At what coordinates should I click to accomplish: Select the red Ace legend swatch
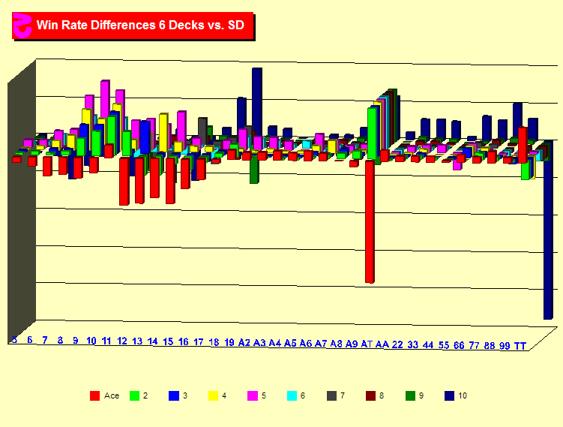coord(94,395)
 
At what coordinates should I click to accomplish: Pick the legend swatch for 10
coord(449,395)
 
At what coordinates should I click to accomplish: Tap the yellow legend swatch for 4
coord(213,395)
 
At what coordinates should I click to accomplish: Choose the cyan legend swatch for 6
coord(292,395)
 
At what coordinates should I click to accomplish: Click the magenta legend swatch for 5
coord(252,395)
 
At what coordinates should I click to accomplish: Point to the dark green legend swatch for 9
coord(409,395)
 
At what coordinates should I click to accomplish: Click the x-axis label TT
coord(520,345)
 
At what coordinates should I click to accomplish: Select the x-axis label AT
coord(367,344)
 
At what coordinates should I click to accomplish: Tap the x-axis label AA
coord(382,344)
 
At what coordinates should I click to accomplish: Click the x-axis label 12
coord(121,341)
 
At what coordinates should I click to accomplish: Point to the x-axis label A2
coord(244,343)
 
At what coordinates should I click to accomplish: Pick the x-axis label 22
coord(397,344)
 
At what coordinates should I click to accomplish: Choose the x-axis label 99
coord(505,345)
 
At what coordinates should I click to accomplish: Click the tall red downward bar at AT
coord(369,221)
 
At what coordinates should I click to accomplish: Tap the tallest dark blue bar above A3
coord(256,98)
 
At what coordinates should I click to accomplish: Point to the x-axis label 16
coord(183,342)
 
